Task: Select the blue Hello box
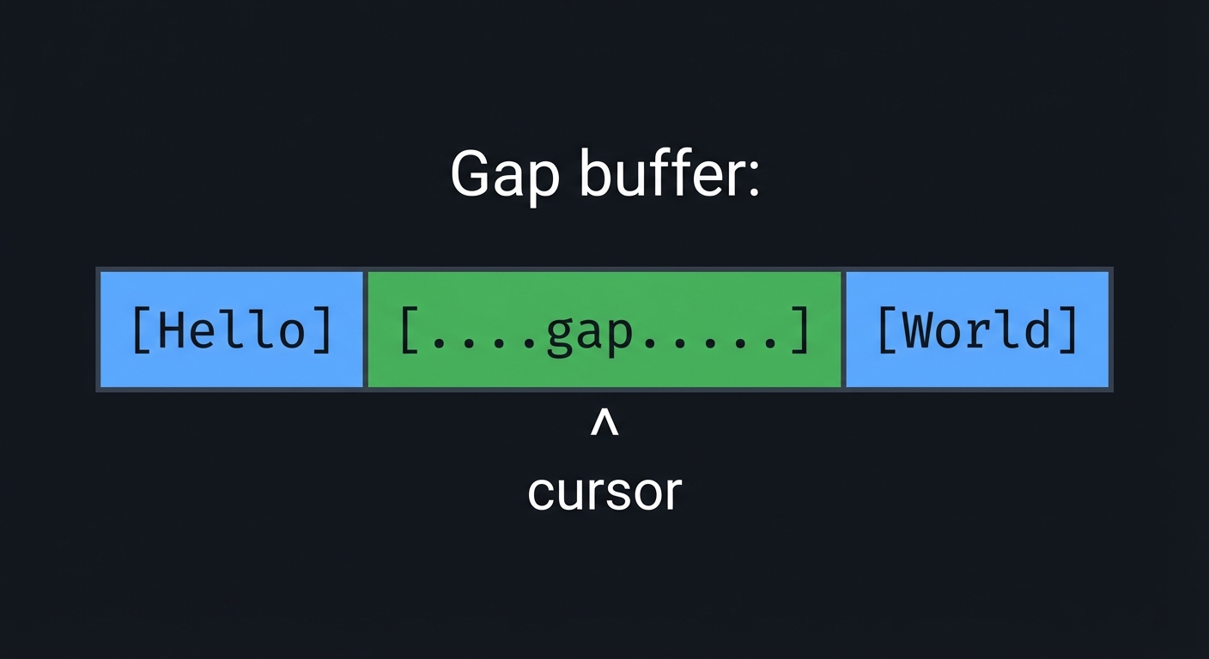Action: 231,329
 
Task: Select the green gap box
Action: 604,329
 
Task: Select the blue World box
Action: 977,329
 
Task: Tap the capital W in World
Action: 918,330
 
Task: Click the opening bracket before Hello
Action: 140,330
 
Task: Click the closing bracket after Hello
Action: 323,330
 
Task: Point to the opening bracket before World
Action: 884,330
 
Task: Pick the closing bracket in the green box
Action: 799,330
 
